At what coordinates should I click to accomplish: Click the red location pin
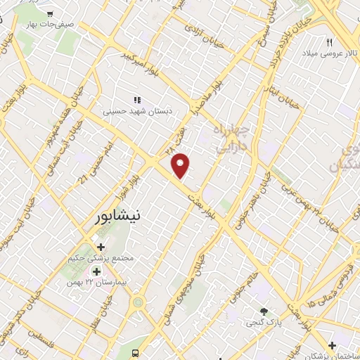pos(181,165)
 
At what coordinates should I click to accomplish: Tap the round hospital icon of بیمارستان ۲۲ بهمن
pos(96,271)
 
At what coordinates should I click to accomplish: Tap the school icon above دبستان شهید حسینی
pos(137,100)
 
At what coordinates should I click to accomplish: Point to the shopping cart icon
pos(49,13)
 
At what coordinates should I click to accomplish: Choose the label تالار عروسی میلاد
pos(329,53)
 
